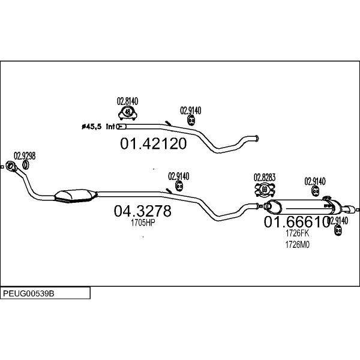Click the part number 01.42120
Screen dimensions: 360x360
point(154,143)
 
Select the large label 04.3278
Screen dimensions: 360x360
point(143,211)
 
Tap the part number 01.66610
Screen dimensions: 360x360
point(297,222)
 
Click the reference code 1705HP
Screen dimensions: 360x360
point(143,223)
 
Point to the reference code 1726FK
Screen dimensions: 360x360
point(298,233)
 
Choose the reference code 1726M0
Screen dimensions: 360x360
point(298,245)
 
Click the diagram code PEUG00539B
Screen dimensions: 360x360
point(28,293)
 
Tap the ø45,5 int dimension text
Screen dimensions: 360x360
point(98,126)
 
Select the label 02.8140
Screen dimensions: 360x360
point(127,101)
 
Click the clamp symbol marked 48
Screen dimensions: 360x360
point(128,113)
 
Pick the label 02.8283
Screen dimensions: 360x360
point(265,177)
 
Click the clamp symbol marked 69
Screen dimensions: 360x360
point(265,190)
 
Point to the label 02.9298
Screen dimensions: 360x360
point(25,156)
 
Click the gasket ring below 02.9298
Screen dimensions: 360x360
point(26,165)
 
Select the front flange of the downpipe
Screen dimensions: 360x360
point(10,166)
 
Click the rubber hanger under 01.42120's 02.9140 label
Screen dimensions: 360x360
point(191,121)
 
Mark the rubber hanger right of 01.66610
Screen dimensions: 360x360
point(338,230)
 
